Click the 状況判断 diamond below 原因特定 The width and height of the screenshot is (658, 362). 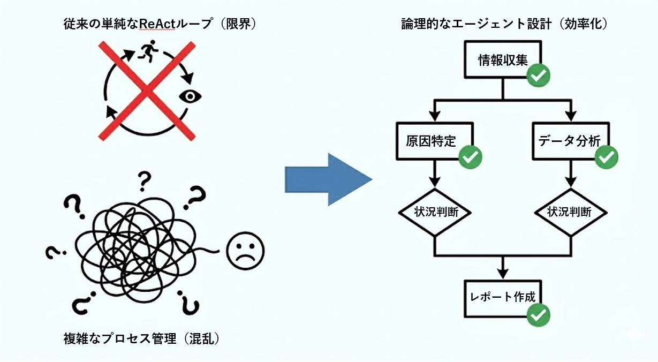[x=435, y=212]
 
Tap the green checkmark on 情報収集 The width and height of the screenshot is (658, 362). [x=538, y=76]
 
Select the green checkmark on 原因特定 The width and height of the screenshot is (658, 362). [x=471, y=156]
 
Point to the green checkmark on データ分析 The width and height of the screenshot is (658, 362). [x=607, y=156]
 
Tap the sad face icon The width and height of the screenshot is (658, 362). [x=245, y=252]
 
